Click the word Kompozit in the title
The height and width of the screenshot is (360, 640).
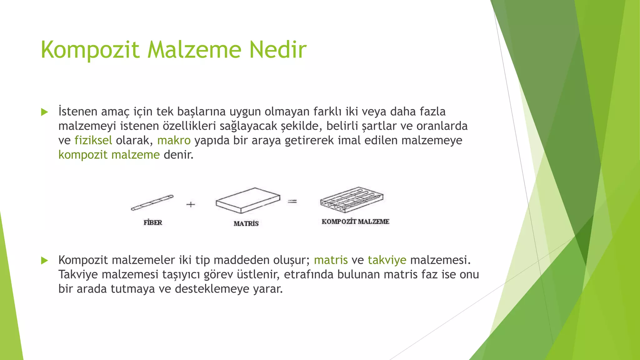(90, 50)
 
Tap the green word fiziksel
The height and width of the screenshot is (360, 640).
(93, 140)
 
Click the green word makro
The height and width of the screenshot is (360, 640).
(174, 140)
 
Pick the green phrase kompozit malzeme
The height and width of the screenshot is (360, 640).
(109, 155)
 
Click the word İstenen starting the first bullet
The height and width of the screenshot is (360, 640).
(78, 112)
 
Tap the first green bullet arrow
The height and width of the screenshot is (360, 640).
(45, 112)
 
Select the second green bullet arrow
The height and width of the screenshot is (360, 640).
(45, 260)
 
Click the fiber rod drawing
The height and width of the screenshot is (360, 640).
(152, 202)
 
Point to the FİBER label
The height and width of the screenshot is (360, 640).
(153, 222)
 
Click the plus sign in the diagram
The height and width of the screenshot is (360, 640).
(191, 204)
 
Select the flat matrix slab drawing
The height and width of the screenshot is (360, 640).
(248, 200)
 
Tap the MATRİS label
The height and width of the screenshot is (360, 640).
(246, 223)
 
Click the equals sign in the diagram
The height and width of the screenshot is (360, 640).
(292, 202)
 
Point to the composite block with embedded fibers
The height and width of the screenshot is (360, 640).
(352, 200)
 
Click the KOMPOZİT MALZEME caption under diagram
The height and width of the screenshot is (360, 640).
(355, 222)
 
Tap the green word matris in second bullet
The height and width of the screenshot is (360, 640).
(331, 260)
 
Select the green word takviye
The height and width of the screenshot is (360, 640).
(387, 260)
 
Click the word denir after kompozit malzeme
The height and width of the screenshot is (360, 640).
(178, 155)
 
